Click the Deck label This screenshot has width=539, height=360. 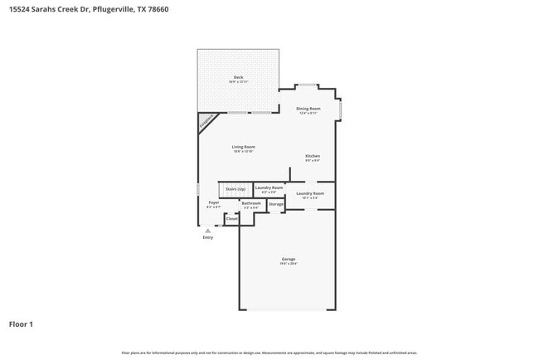pos(238,77)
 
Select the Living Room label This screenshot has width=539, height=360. pos(243,147)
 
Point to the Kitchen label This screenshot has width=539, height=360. pos(313,156)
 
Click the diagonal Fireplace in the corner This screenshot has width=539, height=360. pos(206,122)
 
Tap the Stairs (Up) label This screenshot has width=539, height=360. pos(236,189)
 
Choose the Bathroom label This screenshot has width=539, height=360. pos(251,203)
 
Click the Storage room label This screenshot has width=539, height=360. pos(276,204)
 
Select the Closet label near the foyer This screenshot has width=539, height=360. pos(232,218)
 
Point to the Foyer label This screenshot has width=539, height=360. pos(214,202)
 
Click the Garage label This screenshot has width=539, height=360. pos(288,259)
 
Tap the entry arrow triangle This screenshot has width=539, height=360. pos(208,231)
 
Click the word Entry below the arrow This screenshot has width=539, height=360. pos(208,238)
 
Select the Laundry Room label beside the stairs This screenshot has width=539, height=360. pos(269,187)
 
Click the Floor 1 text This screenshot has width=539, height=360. pos(21,324)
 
